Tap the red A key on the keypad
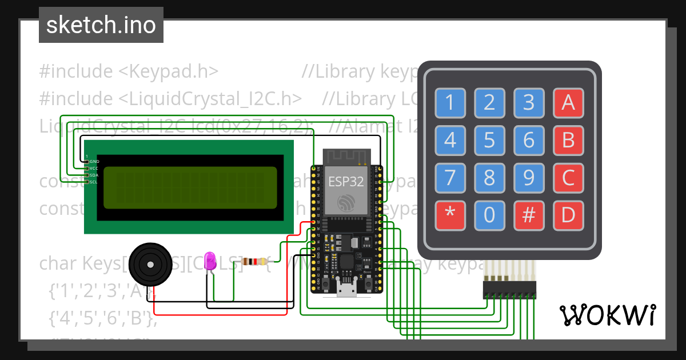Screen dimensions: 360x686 coord(568,103)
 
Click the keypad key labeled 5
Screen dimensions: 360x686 coord(489,140)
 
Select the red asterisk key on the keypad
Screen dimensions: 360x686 coord(450,215)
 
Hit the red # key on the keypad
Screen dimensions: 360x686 coord(529,215)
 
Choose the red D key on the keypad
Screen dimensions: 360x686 coord(568,215)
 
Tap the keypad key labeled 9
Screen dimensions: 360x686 coord(529,178)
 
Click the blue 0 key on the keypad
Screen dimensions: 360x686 coord(489,215)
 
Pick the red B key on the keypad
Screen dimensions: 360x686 coord(568,140)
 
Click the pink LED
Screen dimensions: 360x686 coord(210,260)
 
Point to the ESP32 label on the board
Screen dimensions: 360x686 coord(346,182)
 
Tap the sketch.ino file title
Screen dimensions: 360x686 coord(101,25)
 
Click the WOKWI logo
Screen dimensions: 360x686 coord(608,315)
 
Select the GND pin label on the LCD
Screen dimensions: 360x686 coord(94,162)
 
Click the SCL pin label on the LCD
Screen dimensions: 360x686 coord(93,182)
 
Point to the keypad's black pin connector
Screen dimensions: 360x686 coord(509,290)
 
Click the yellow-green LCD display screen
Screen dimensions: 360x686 coord(190,187)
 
